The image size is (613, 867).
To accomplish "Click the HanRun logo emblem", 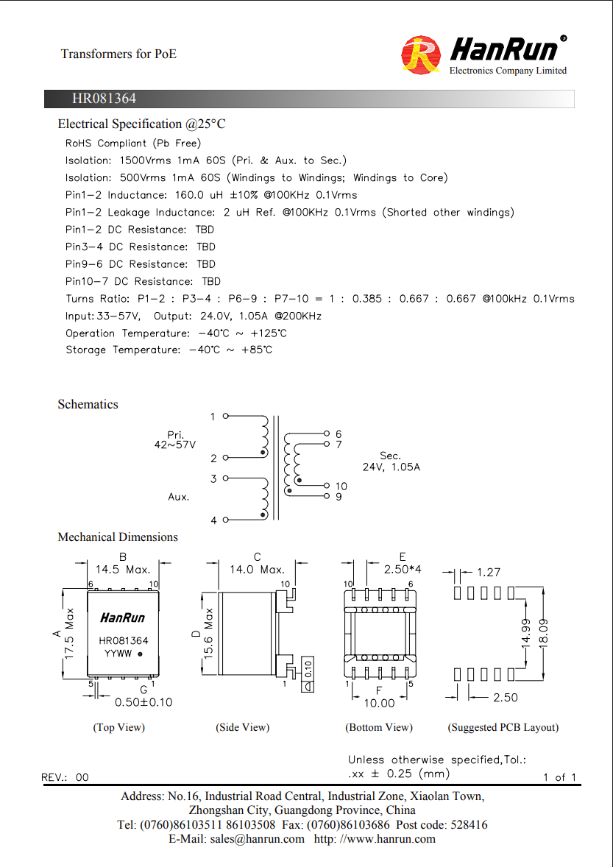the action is click(421, 54).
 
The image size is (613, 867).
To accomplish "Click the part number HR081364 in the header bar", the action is click(104, 99).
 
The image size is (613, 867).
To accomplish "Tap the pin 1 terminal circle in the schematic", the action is click(225, 416).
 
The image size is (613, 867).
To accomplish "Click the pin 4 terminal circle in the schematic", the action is click(225, 520).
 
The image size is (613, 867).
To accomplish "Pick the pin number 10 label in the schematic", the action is click(341, 486).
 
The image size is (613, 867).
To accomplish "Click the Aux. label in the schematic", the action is click(179, 497).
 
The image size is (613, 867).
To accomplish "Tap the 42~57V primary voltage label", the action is click(174, 445).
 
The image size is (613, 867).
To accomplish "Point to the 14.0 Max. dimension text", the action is click(257, 570).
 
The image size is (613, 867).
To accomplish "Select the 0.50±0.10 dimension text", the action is click(143, 702).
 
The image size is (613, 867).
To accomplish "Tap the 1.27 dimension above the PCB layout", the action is click(489, 573).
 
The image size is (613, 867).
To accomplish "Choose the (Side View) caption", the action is click(243, 728).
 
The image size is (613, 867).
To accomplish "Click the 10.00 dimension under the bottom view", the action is click(379, 704).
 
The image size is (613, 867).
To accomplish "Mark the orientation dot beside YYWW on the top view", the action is click(140, 654).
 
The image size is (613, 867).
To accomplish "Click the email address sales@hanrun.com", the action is click(257, 839).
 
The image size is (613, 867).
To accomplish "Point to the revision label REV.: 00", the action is click(65, 777).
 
